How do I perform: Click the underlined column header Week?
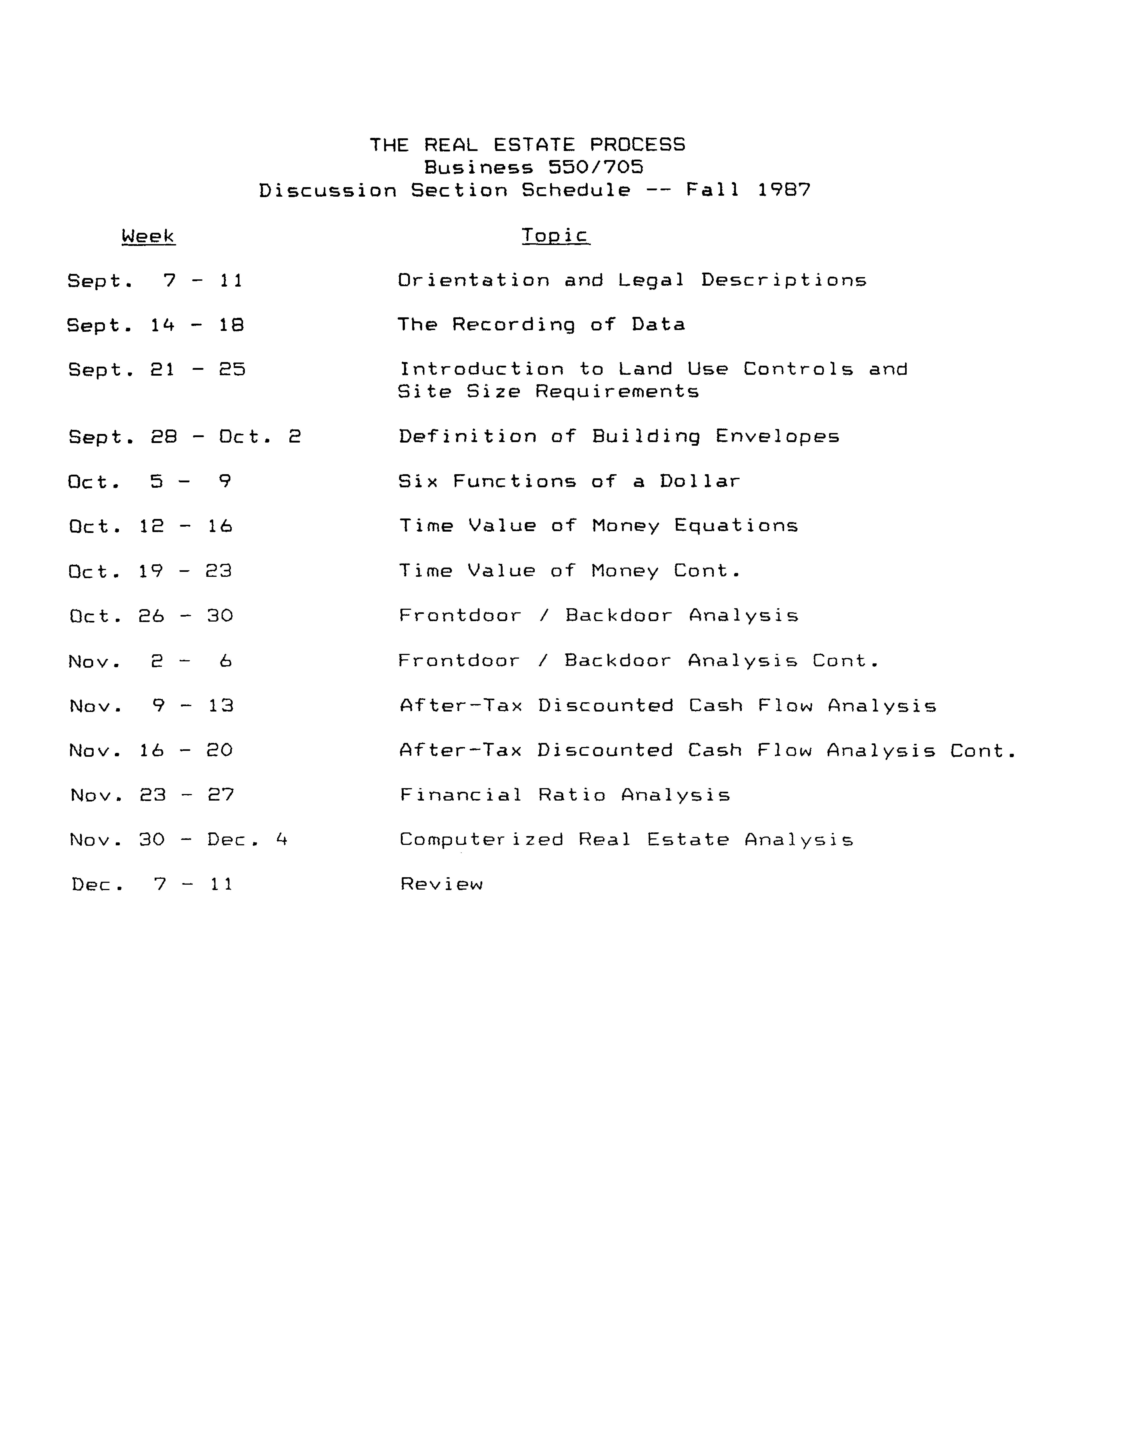[x=148, y=236]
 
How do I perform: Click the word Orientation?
[x=474, y=280]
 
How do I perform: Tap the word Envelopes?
[x=777, y=437]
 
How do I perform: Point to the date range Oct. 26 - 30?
[x=151, y=616]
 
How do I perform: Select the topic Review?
[x=441, y=884]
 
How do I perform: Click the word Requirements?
[x=617, y=391]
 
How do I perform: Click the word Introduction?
[x=481, y=370]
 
